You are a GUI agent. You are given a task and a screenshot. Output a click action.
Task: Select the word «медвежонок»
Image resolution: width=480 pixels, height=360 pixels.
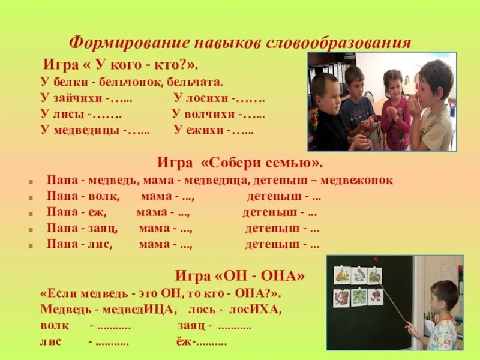point(361,180)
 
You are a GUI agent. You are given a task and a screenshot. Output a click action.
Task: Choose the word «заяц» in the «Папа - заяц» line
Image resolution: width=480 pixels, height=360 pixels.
point(103,228)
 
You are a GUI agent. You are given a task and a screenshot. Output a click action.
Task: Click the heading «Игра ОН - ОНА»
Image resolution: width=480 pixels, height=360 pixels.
point(240,276)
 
